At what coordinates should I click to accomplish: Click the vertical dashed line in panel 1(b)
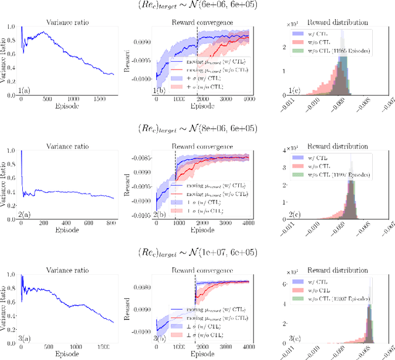tap(197, 59)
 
